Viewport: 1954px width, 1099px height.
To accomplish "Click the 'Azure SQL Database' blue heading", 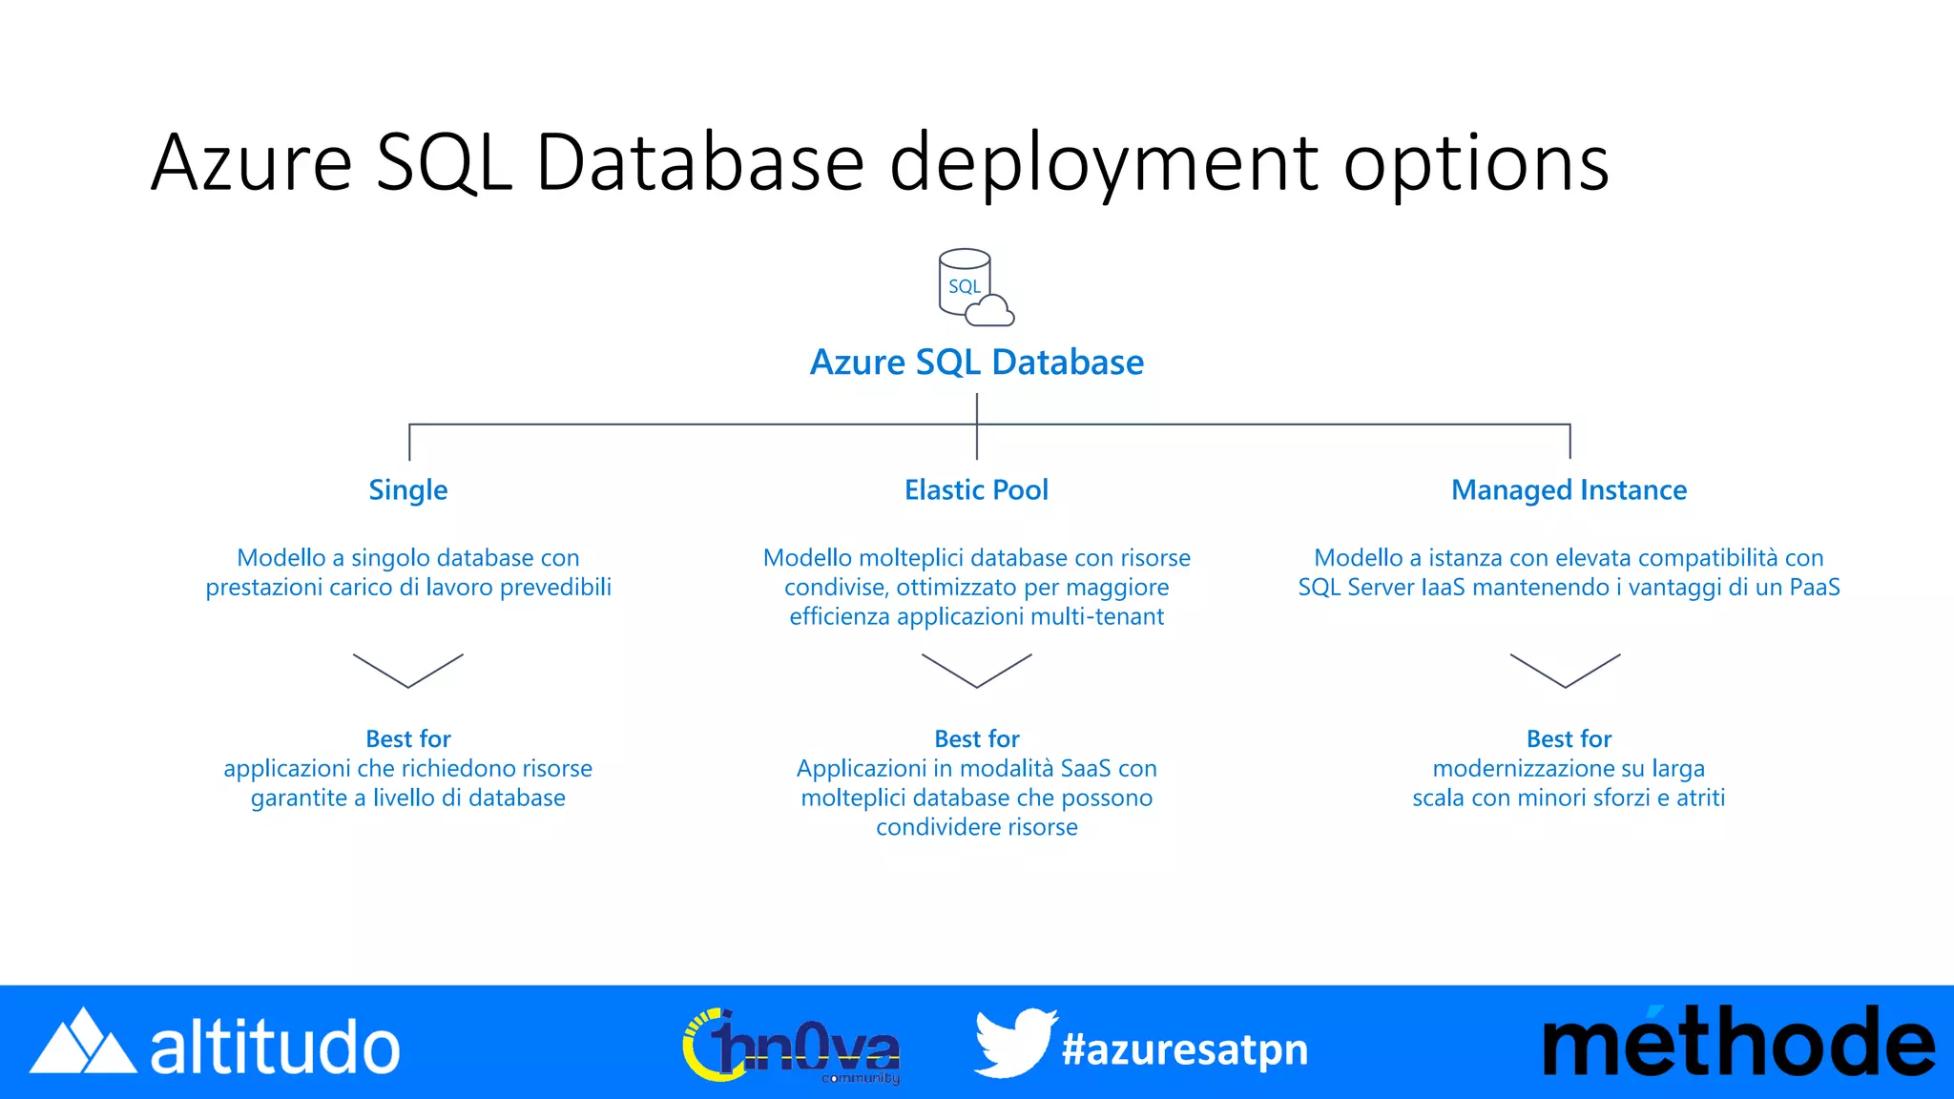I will coord(976,363).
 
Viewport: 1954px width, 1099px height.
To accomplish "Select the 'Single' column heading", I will coord(407,490).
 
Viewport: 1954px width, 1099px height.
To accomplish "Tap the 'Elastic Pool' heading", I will coord(976,490).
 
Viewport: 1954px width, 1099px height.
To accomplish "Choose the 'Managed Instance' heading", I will coord(1569,490).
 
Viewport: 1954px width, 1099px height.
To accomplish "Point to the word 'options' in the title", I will coord(1476,163).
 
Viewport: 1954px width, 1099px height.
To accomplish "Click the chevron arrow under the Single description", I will coord(407,670).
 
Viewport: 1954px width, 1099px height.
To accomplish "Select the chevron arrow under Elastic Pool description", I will coord(976,670).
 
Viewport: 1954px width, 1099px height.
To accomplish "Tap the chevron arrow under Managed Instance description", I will coord(1565,670).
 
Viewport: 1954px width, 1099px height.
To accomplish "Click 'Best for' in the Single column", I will coord(407,738).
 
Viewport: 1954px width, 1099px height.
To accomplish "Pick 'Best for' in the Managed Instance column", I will coord(1569,738).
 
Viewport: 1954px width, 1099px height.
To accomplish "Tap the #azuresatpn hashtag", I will coord(1184,1049).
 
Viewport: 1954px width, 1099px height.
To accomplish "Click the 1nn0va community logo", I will coord(792,1047).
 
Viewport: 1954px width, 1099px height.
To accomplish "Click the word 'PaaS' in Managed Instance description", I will coord(1814,588).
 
